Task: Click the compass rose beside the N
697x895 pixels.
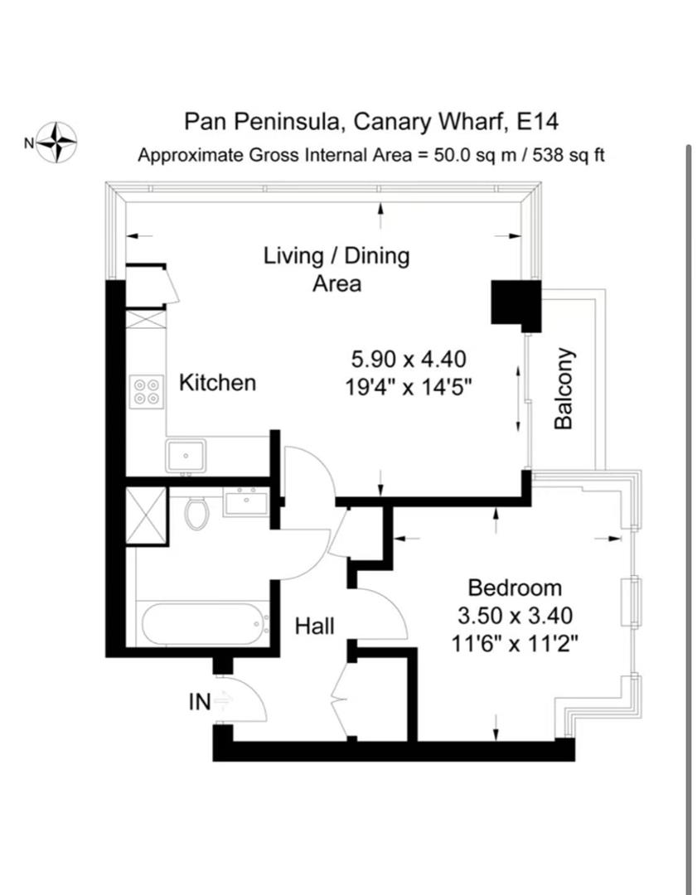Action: click(x=56, y=143)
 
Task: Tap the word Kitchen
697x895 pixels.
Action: click(x=217, y=382)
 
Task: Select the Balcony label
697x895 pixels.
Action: click(x=564, y=388)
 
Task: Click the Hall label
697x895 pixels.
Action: click(x=315, y=626)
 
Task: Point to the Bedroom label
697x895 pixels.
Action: click(x=515, y=588)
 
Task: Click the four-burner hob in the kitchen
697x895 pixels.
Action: click(x=147, y=391)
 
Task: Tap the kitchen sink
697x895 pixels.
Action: click(x=186, y=456)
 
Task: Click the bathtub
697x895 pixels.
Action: click(x=205, y=624)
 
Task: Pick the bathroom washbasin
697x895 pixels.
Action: click(x=246, y=501)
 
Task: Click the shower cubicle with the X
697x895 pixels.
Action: click(x=146, y=516)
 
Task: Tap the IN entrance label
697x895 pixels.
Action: click(x=200, y=702)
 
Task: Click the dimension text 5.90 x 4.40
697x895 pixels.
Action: click(x=408, y=359)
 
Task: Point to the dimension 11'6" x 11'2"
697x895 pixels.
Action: click(x=515, y=645)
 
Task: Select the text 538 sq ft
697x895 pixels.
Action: click(x=568, y=155)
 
